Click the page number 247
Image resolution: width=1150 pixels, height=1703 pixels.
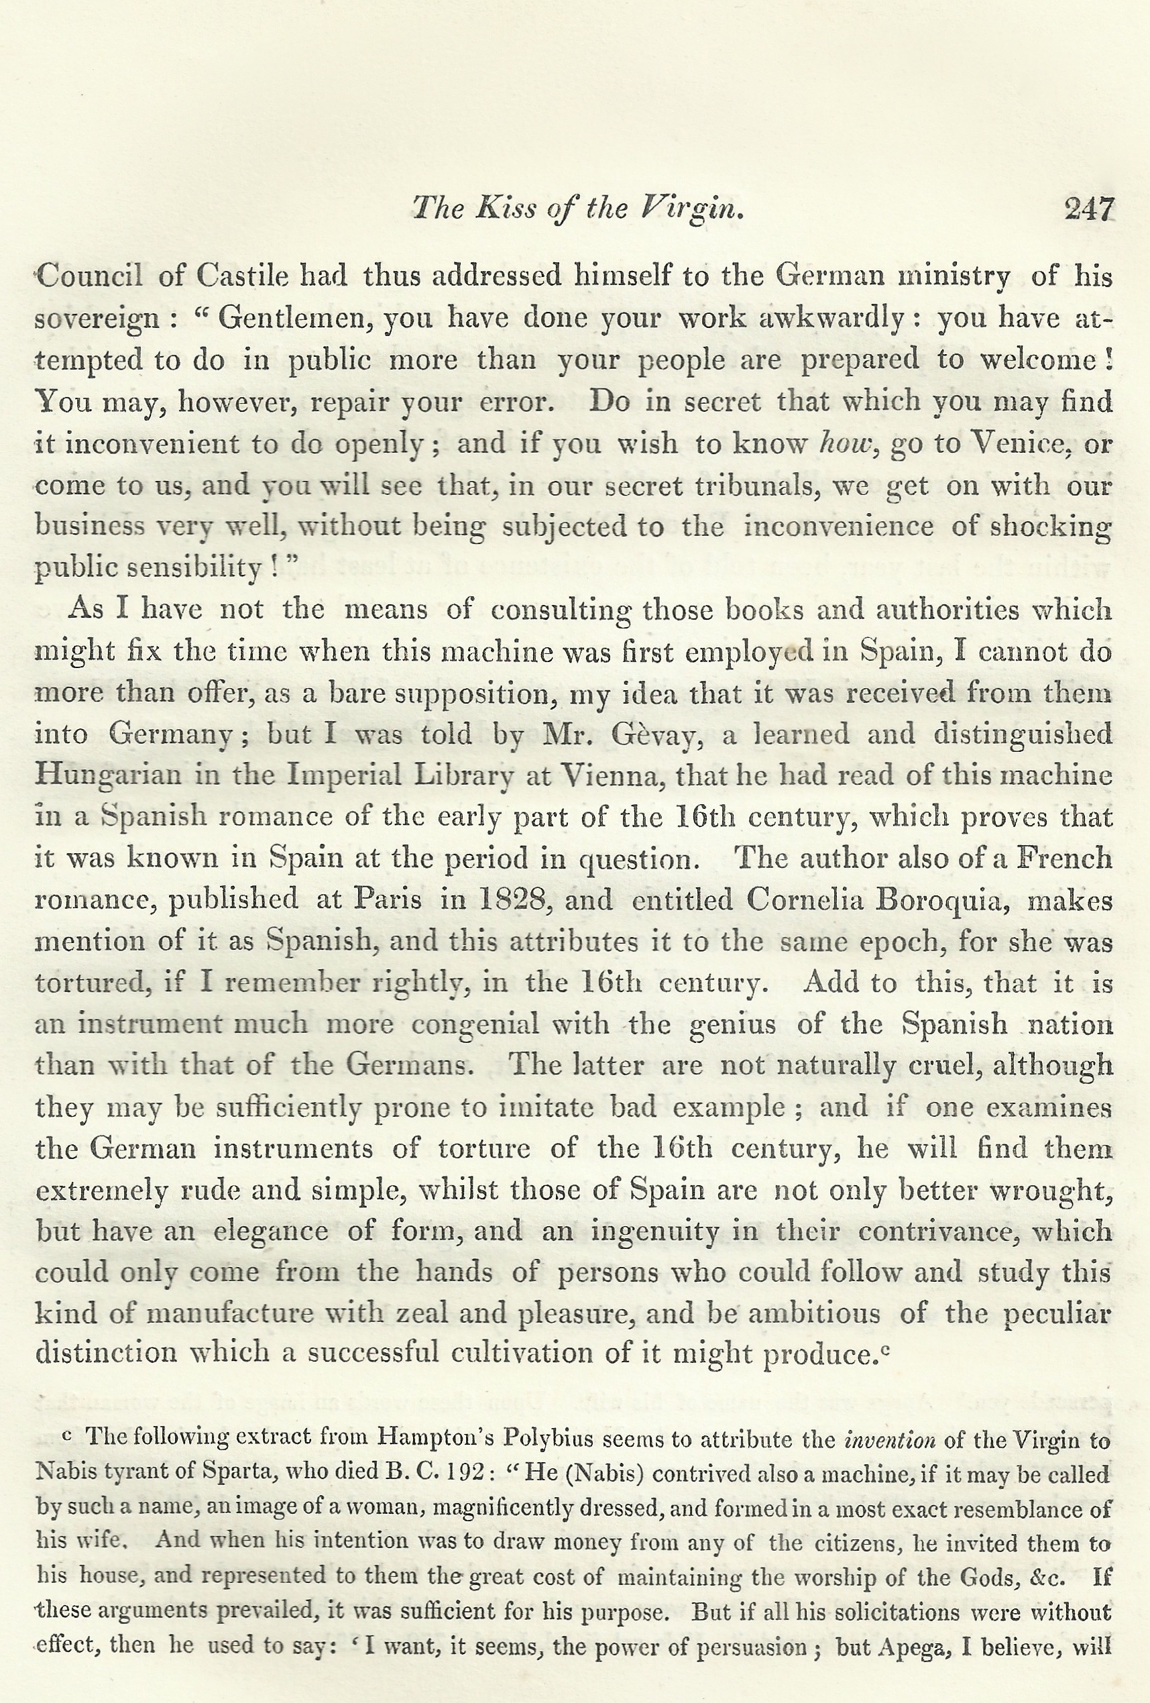1088,209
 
